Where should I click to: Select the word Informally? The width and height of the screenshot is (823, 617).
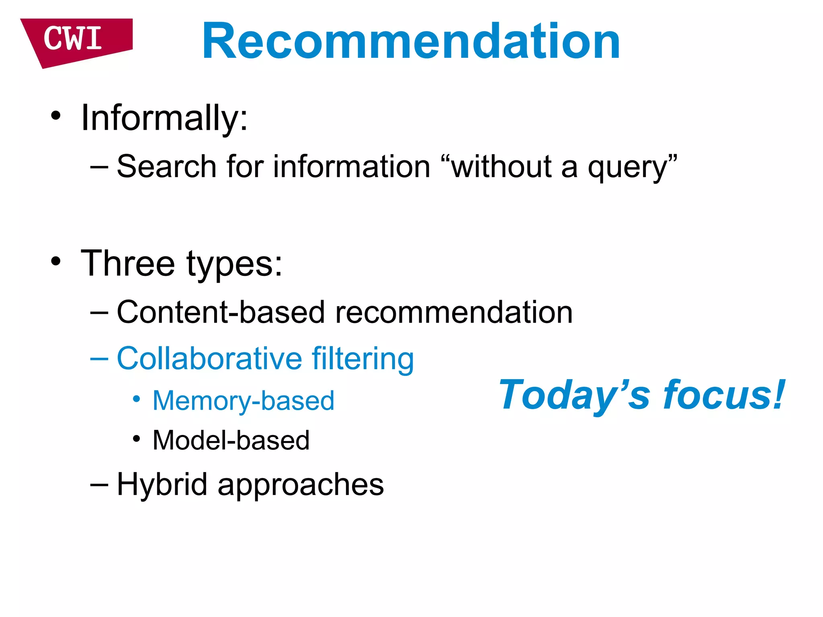pyautogui.click(x=164, y=118)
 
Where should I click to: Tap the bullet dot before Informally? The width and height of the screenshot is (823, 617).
pyautogui.click(x=56, y=116)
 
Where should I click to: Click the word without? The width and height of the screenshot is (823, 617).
pyautogui.click(x=501, y=167)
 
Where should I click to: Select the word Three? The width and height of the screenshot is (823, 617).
pyautogui.click(x=128, y=264)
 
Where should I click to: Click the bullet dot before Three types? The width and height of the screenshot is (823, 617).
pyautogui.click(x=56, y=262)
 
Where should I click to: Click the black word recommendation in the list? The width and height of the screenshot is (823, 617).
pyautogui.click(x=454, y=312)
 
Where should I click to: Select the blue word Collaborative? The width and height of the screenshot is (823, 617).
pyautogui.click(x=209, y=358)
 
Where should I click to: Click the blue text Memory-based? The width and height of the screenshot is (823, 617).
pyautogui.click(x=243, y=401)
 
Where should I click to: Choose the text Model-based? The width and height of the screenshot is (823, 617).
pyautogui.click(x=231, y=440)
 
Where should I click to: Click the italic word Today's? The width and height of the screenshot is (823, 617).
pyautogui.click(x=574, y=396)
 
